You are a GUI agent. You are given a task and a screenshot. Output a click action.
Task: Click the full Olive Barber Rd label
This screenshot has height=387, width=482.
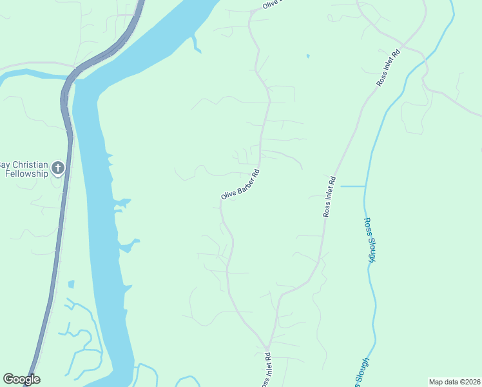(240, 184)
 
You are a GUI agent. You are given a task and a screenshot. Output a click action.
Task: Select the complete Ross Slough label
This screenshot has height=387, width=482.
(369, 240)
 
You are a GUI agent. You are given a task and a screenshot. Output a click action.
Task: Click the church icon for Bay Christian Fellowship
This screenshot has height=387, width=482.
(58, 168)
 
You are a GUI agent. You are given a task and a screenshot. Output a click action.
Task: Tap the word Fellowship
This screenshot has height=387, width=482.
(25, 174)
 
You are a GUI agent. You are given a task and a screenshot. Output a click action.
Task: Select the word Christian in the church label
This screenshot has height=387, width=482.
(30, 164)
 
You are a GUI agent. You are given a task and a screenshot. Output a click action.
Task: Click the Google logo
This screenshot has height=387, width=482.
(21, 379)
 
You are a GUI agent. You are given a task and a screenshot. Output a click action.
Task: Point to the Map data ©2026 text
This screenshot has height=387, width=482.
(454, 382)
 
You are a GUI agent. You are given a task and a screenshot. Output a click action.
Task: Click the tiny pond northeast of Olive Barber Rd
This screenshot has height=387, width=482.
(307, 56)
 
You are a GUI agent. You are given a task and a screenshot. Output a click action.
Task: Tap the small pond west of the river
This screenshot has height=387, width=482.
(70, 284)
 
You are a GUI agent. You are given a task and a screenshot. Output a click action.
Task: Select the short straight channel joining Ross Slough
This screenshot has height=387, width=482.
(352, 186)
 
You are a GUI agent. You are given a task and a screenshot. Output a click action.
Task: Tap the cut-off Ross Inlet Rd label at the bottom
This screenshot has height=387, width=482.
(265, 370)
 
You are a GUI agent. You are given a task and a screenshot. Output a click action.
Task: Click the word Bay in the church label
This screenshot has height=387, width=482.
(5, 164)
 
